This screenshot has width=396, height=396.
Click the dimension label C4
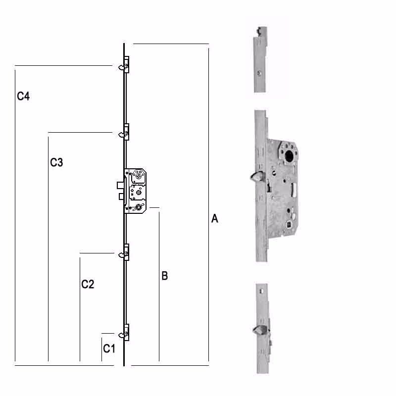[23, 97]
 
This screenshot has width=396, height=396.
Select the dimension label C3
[56, 162]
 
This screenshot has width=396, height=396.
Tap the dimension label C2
[88, 284]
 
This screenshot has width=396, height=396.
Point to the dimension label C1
[109, 349]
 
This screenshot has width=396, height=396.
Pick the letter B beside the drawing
[165, 276]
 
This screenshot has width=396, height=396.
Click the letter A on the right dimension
[215, 219]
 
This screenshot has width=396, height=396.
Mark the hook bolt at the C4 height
[121, 67]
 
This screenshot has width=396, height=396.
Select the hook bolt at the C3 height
[121, 134]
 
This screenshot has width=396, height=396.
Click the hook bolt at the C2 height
[121, 255]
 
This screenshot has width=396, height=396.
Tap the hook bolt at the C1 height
[121, 335]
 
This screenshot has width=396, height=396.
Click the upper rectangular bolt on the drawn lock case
[120, 186]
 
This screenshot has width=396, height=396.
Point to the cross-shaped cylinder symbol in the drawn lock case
[138, 207]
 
